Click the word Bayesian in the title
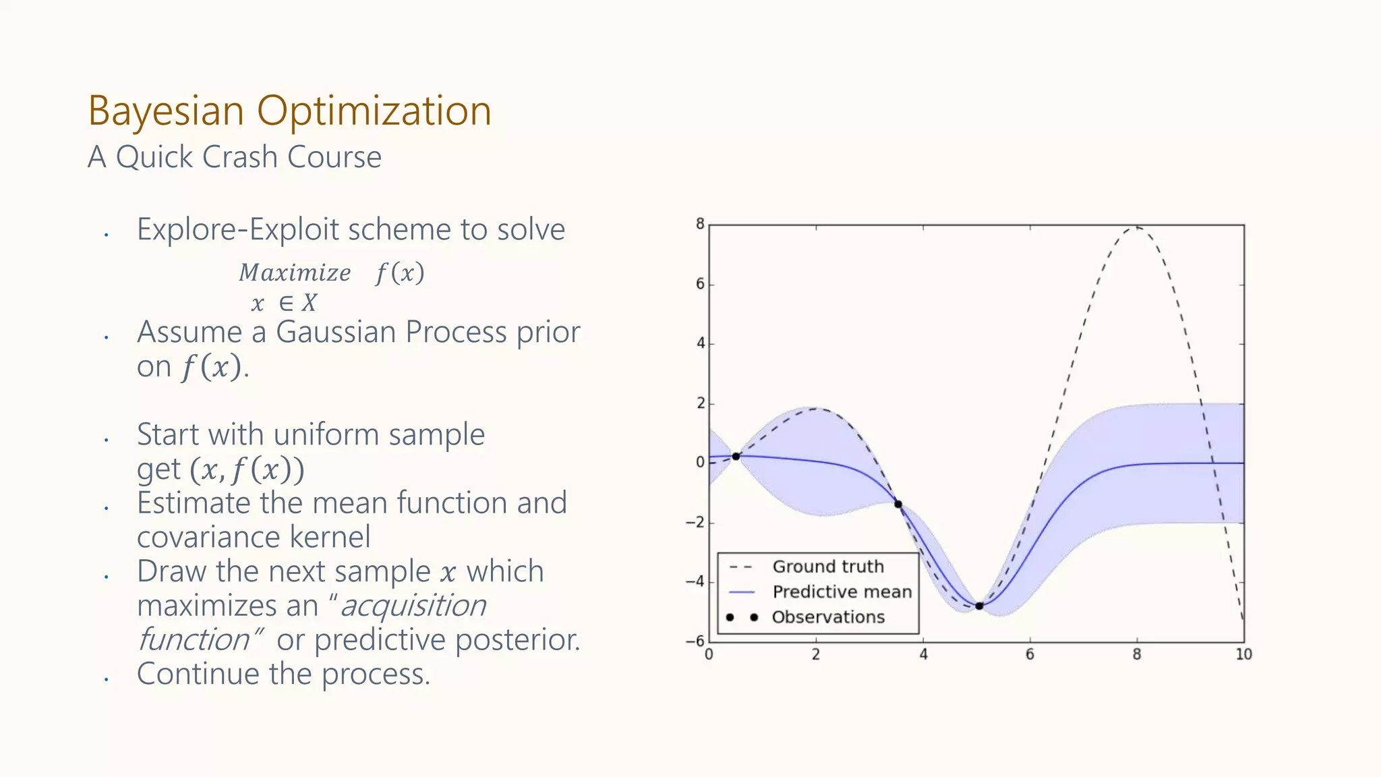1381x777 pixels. (165, 111)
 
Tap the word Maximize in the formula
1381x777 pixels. (295, 272)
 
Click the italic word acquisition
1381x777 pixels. (413, 606)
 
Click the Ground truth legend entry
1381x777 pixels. (827, 567)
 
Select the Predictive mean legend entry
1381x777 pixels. (842, 592)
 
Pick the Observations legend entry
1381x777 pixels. (828, 617)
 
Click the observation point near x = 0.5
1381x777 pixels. (736, 457)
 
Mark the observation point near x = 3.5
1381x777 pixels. (898, 504)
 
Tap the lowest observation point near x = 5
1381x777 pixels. (979, 606)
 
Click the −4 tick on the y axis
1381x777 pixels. (695, 581)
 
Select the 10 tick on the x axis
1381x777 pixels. (1243, 654)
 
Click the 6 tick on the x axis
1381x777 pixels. (1030, 654)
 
